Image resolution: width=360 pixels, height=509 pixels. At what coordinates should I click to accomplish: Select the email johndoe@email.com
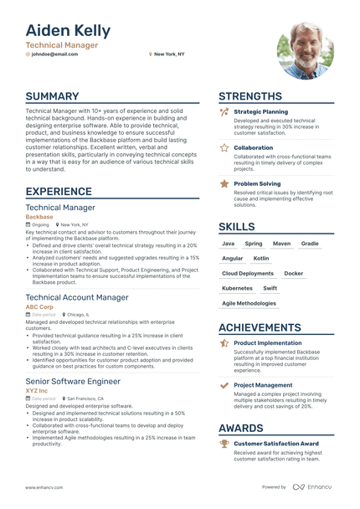pos(54,54)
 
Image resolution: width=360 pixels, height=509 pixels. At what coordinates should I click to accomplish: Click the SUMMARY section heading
pos(52,96)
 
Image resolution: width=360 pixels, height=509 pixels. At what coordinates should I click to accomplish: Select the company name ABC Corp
pos(39,306)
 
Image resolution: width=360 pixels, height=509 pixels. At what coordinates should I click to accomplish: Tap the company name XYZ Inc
pos(37,390)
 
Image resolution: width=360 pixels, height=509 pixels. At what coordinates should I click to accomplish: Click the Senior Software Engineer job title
pos(73,381)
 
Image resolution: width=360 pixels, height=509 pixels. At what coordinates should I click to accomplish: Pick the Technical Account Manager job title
pos(77,297)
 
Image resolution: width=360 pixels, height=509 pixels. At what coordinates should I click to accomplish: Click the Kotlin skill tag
pos(261,259)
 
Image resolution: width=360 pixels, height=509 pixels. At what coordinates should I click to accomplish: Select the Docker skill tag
pos(294,273)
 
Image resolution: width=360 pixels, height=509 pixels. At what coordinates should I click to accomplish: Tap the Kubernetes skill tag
pos(237,288)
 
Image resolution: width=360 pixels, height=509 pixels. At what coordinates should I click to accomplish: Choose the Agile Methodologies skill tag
pos(249,303)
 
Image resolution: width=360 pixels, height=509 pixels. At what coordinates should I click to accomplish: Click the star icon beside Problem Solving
pos(224,183)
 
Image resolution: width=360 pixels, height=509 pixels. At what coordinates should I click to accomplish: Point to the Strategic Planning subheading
pos(260,111)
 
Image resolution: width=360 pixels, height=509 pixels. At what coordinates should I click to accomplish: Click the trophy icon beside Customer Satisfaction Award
pos(224,443)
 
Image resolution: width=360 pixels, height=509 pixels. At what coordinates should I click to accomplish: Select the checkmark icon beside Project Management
pos(224,385)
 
